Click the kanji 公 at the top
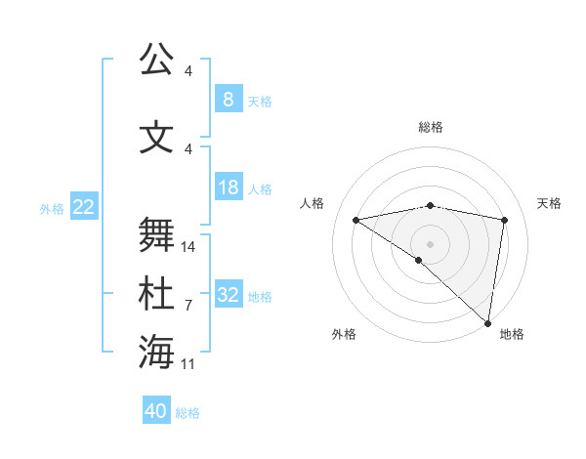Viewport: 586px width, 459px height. [155, 60]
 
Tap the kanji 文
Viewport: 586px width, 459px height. [155, 138]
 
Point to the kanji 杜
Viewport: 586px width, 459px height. [155, 294]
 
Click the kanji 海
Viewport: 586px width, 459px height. [155, 353]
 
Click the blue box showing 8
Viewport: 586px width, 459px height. [228, 100]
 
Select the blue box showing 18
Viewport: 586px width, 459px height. [228, 188]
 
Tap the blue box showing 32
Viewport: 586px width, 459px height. [228, 295]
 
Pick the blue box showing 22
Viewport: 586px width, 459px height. [83, 207]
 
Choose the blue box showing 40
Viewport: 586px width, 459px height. [156, 411]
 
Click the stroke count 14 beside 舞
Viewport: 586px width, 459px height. [188, 247]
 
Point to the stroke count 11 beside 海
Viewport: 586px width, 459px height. [188, 364]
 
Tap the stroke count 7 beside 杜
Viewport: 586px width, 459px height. [188, 306]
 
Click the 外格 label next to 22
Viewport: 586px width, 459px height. [51, 208]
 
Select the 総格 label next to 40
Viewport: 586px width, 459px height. [188, 413]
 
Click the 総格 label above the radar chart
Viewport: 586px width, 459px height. [430, 127]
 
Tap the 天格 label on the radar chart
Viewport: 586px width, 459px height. [549, 203]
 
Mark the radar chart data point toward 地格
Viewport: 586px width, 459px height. [487, 322]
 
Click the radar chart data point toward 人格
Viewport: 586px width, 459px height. [356, 220]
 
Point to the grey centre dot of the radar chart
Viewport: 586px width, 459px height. [430, 242]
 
